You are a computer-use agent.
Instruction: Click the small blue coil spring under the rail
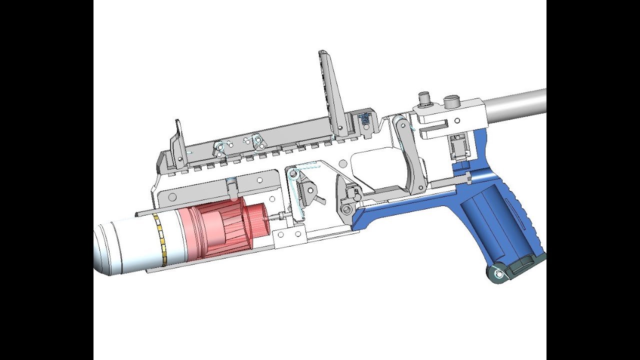point(365,119)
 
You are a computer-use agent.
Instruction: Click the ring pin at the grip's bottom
point(498,274)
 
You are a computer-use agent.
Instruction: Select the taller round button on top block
point(424,99)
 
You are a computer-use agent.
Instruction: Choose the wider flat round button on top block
point(451,101)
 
